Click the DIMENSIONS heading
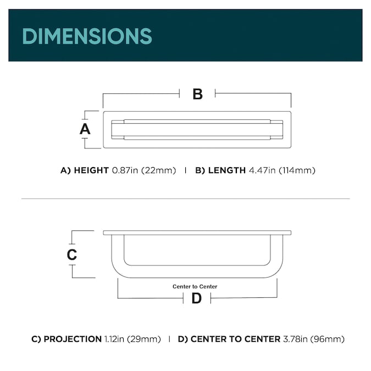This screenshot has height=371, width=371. [87, 36]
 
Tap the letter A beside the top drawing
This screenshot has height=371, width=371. [85, 129]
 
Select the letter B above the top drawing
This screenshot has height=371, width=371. [197, 94]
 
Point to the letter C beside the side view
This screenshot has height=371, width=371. [72, 254]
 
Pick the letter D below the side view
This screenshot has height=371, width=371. [197, 298]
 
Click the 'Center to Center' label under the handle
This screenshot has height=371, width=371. [195, 286]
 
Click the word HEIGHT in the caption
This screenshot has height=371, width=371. [91, 170]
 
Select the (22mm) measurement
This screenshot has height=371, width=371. [158, 170]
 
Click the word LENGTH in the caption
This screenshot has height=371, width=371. [227, 170]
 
